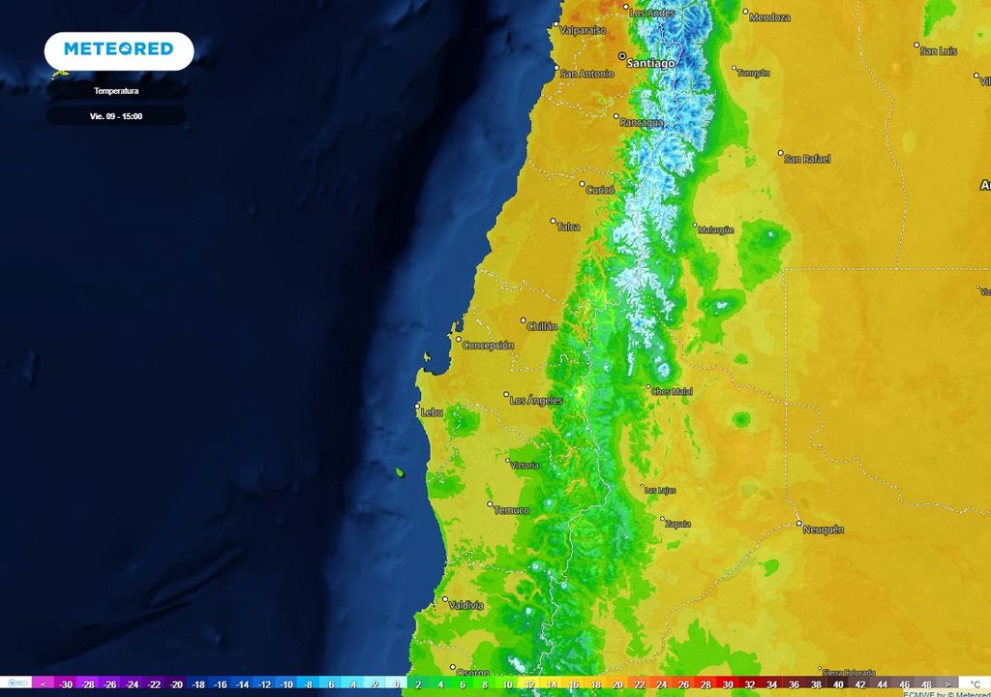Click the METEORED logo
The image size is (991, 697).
click(x=118, y=49)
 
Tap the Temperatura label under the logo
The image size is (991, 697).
click(x=116, y=91)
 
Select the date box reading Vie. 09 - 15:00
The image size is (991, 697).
click(x=116, y=115)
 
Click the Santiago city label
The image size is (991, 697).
click(x=650, y=63)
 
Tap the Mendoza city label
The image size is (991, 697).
click(x=769, y=17)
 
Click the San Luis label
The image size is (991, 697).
click(x=939, y=50)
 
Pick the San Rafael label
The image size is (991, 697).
click(x=807, y=159)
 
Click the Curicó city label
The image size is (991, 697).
click(x=600, y=191)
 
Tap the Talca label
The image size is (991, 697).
click(x=568, y=227)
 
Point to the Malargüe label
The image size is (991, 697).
click(x=715, y=229)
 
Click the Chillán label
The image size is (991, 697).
click(x=542, y=326)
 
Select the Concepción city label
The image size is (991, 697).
click(x=488, y=345)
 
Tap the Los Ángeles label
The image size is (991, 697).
click(x=534, y=400)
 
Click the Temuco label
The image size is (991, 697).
click(x=511, y=510)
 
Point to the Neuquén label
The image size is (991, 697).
click(x=823, y=530)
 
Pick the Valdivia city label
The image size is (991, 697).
click(x=466, y=606)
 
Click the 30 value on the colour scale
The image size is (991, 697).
click(x=728, y=684)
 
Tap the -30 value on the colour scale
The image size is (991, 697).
click(x=66, y=684)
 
